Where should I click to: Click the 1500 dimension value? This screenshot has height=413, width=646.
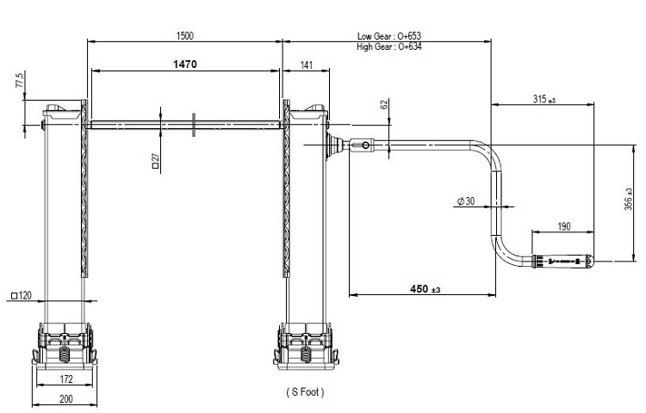[x=184, y=36]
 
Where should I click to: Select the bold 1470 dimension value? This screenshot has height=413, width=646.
[x=185, y=65]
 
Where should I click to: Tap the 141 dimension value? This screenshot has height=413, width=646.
[x=307, y=65]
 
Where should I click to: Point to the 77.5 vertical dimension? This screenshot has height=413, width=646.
[x=20, y=79]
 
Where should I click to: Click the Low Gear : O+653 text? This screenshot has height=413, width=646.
[x=389, y=36]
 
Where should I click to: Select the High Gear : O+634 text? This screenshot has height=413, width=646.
[x=389, y=46]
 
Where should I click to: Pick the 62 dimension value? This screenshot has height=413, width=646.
[x=384, y=104]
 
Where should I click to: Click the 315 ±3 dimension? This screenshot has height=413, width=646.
[x=544, y=99]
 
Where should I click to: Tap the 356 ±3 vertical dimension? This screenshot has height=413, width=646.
[x=628, y=199]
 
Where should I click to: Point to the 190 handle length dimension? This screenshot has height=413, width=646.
[x=564, y=226]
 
